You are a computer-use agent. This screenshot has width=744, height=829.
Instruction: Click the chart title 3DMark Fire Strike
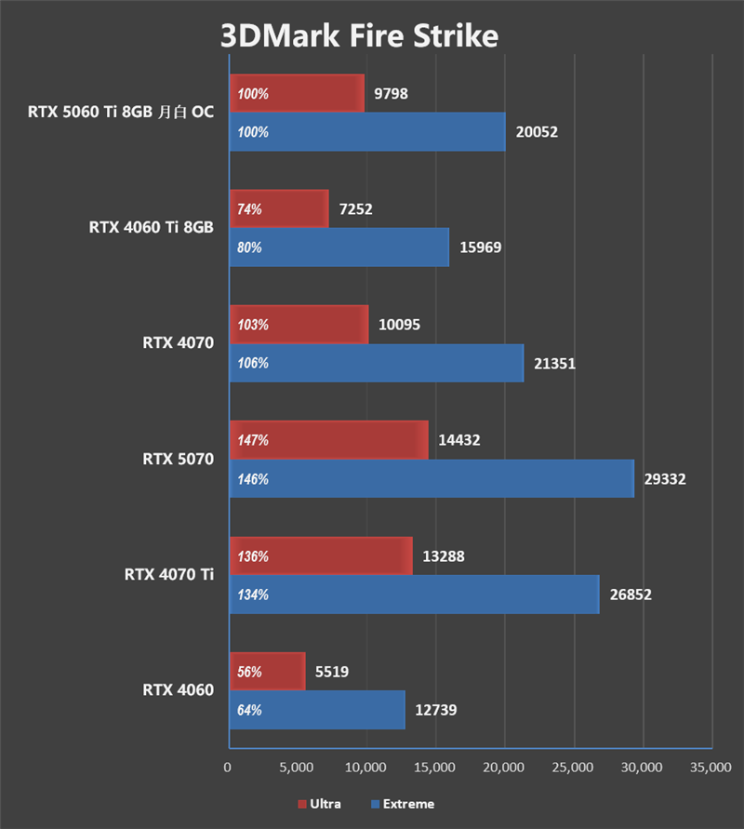[359, 36]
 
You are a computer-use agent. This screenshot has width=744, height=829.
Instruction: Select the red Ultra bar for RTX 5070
[328, 439]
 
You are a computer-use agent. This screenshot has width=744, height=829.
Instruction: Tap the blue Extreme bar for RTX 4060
[316, 710]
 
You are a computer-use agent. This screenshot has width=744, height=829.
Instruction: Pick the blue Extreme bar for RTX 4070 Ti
[414, 595]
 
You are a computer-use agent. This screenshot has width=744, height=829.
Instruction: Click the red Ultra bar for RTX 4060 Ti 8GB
[279, 208]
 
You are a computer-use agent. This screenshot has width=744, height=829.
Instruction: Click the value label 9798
[392, 93]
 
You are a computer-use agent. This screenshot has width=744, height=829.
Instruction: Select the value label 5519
[332, 671]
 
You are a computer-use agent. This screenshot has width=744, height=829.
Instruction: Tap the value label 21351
[555, 363]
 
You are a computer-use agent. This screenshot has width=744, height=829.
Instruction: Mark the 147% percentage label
[253, 440]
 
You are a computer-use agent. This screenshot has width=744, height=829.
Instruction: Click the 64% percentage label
[249, 711]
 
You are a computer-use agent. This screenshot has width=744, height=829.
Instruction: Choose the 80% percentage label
[249, 248]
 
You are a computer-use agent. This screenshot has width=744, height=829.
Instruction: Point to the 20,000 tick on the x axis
[504, 768]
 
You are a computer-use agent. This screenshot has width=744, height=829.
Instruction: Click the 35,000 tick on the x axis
[711, 768]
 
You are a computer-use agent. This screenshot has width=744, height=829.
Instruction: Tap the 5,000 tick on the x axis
[297, 768]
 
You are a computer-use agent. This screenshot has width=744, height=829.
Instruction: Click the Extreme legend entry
[402, 804]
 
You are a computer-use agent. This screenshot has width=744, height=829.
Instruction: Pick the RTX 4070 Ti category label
[168, 574]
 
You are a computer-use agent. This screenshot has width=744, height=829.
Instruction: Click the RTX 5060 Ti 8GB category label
[120, 112]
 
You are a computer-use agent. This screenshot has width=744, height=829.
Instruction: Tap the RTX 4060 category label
[178, 689]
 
